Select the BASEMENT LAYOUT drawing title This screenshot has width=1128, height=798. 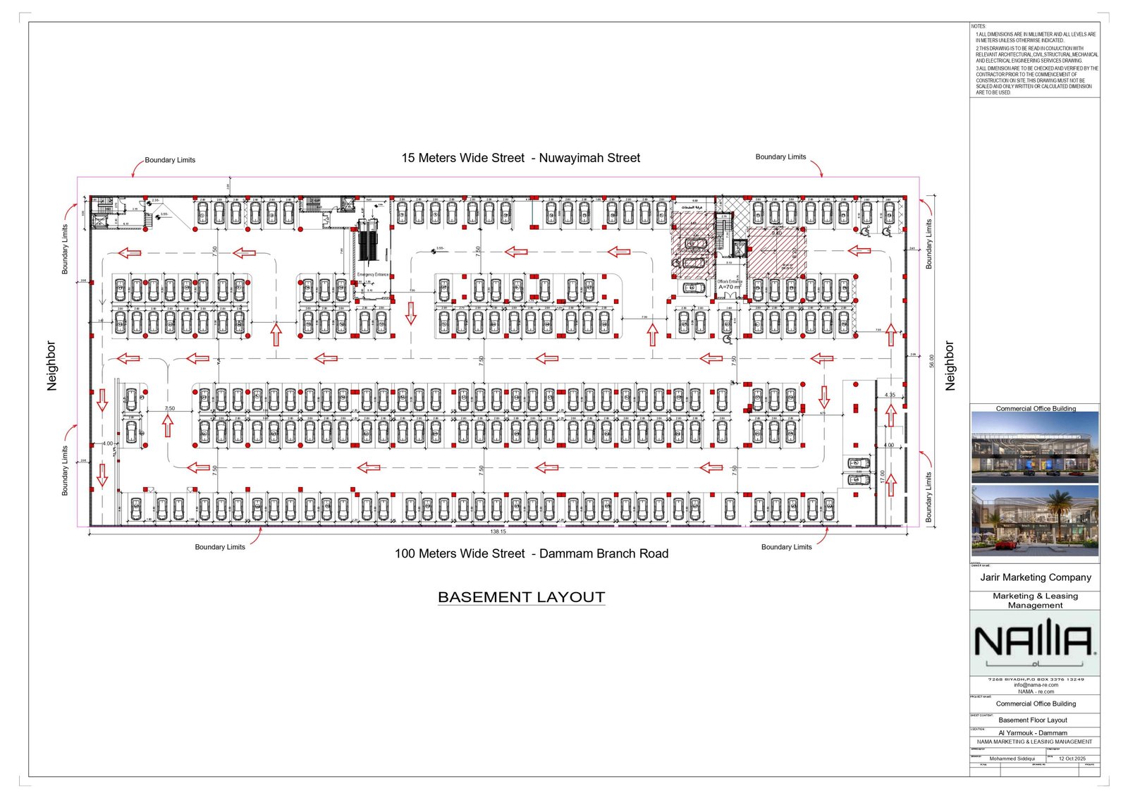tap(521, 597)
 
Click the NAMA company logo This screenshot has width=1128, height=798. tap(1034, 642)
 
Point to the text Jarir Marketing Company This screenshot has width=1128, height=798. tap(1035, 577)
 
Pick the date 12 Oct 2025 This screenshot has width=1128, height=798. tap(1072, 759)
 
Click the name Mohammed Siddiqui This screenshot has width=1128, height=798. tap(1012, 759)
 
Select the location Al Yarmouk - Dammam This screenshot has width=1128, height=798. tap(1033, 732)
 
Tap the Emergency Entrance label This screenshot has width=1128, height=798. tap(372, 274)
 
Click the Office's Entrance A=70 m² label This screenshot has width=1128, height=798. tap(729, 284)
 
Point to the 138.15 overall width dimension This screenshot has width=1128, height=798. tap(498, 532)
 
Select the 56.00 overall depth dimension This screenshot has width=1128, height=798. tap(931, 361)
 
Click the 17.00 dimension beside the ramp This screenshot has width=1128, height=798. tap(882, 477)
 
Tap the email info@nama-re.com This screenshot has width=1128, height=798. tap(1036, 685)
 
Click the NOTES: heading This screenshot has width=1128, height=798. tap(979, 27)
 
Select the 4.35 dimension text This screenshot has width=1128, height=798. tap(890, 395)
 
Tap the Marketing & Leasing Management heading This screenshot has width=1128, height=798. tap(1035, 601)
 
